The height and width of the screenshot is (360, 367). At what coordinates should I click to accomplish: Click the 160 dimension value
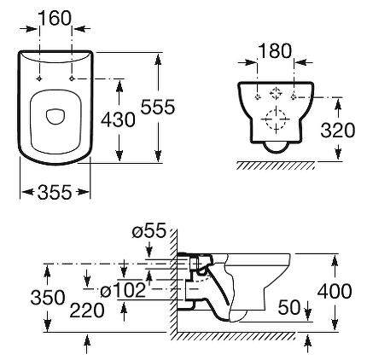(x=55, y=18)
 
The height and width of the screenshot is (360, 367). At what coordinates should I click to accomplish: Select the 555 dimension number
(x=158, y=107)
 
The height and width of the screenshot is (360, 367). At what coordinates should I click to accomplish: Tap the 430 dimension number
(x=118, y=119)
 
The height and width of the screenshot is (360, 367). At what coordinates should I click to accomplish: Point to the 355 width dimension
(x=55, y=192)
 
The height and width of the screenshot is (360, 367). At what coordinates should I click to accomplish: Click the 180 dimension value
(x=275, y=51)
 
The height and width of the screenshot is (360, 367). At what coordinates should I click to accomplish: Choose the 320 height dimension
(x=338, y=131)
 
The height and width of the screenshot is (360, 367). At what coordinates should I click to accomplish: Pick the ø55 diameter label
(x=149, y=230)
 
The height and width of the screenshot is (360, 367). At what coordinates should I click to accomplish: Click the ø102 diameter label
(x=123, y=291)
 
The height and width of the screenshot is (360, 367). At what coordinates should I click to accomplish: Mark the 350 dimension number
(x=48, y=298)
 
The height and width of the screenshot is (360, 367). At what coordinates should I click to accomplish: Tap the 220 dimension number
(x=87, y=311)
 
